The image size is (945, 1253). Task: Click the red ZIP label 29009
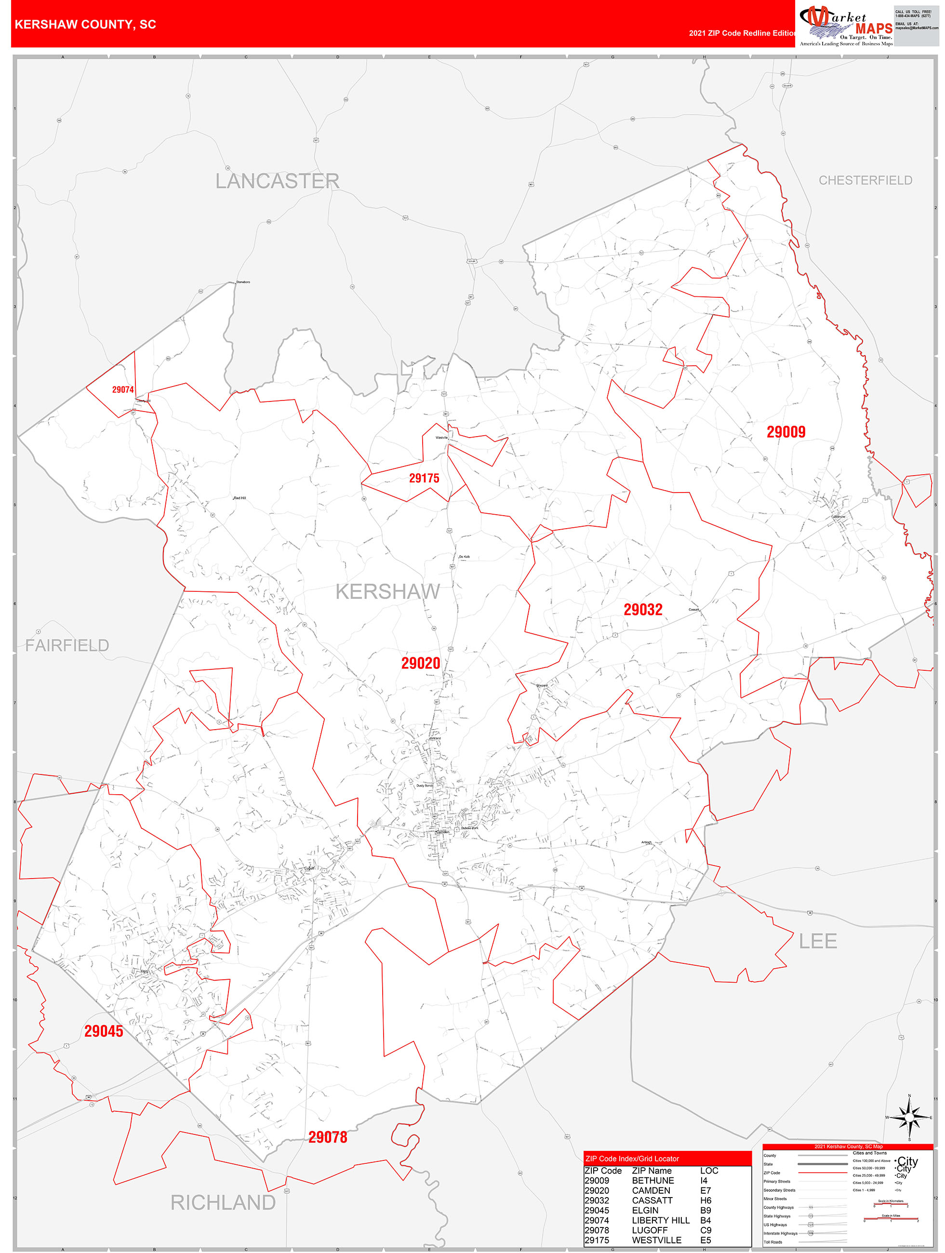coord(786,432)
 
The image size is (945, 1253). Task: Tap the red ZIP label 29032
coord(643,610)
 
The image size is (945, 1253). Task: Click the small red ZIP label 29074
coord(123,390)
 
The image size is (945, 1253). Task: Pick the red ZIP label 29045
coord(104,1031)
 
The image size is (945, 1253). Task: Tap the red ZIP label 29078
coord(328,1137)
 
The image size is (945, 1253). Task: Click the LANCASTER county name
coord(277,181)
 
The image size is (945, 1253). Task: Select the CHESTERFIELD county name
coord(865,180)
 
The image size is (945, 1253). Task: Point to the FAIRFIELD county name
coord(67,645)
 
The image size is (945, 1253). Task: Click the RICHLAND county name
coord(223,1202)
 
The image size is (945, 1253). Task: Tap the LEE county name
coord(817,942)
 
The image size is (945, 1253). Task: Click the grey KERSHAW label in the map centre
coord(387,591)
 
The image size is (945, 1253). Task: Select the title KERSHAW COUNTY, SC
coord(85,25)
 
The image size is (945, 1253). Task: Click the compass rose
coord(909,1118)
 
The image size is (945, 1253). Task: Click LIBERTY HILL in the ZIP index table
coord(661,1220)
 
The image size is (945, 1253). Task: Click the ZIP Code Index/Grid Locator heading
coord(632,1159)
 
